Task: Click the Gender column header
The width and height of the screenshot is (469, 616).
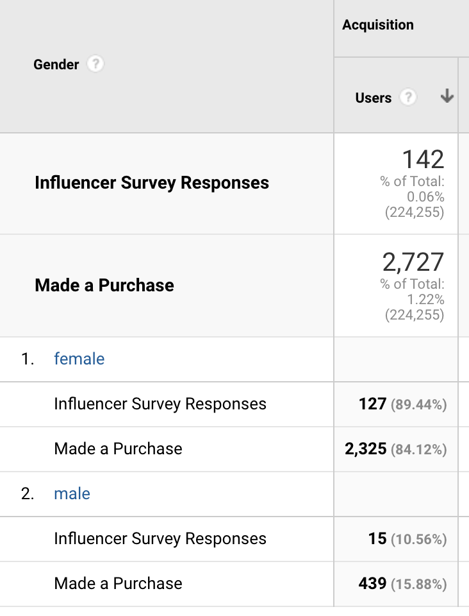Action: [56, 65]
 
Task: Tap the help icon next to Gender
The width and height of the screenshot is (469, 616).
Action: [95, 65]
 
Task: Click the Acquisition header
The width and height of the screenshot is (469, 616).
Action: [377, 25]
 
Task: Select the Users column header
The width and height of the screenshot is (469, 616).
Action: [373, 98]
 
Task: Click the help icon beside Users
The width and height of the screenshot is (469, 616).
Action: [408, 98]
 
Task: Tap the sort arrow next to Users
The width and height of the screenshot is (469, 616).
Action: [447, 98]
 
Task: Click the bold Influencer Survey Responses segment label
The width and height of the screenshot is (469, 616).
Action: [152, 183]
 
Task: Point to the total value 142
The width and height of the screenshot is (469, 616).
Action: [422, 159]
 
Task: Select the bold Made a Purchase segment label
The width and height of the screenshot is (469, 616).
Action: [104, 285]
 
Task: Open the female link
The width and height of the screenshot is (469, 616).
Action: [79, 359]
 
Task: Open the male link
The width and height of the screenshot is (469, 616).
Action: [72, 493]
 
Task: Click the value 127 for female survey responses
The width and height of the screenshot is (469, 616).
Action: [372, 404]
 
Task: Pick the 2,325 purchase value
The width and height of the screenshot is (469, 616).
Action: [365, 449]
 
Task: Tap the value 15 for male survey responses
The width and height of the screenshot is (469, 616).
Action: [377, 538]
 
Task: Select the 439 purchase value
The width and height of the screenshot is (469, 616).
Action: [372, 583]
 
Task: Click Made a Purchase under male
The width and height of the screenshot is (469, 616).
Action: [118, 583]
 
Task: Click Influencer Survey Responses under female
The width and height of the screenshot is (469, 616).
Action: [160, 404]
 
